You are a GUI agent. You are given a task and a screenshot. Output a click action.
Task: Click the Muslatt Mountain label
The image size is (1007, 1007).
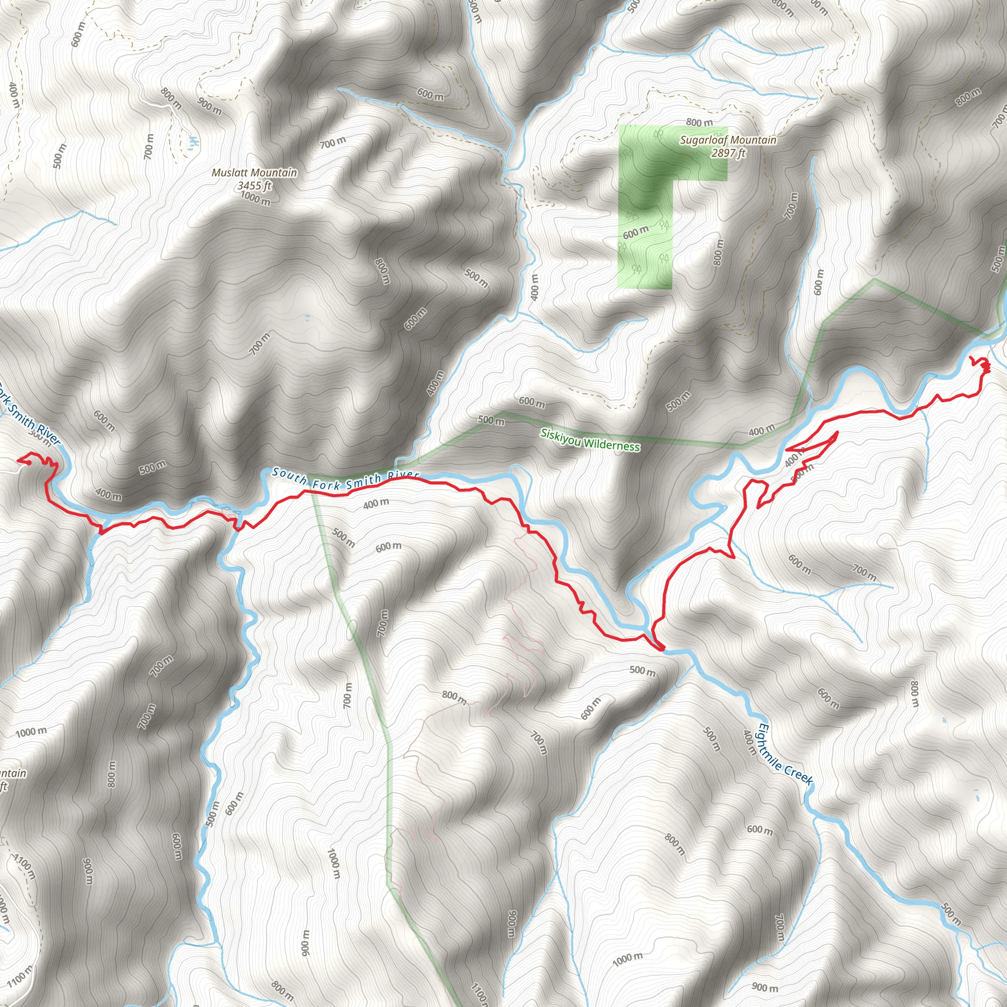tap(254, 173)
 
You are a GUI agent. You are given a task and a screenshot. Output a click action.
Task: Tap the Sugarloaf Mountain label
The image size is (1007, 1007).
tap(728, 140)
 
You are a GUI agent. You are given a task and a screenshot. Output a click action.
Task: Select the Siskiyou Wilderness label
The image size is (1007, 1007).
tap(590, 440)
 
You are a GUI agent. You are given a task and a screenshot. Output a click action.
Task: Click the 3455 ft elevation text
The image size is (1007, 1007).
tap(254, 185)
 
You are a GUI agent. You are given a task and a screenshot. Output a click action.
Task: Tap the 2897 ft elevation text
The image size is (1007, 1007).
tap(728, 153)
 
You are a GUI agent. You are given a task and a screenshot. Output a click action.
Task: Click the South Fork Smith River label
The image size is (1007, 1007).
tap(346, 479)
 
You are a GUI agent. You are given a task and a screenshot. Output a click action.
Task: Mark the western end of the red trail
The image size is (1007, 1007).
tap(19, 460)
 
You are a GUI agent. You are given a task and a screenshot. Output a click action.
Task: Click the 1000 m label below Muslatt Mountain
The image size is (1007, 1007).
tap(255, 199)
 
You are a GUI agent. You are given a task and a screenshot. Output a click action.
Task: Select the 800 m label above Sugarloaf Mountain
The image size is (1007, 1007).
tap(699, 123)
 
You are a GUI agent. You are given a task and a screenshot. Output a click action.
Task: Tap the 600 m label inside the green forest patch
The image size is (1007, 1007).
tap(635, 233)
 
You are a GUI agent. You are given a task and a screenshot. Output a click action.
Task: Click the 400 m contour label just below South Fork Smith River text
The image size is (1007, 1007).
tap(376, 503)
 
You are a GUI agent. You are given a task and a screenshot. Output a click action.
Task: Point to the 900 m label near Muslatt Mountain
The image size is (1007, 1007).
tap(209, 106)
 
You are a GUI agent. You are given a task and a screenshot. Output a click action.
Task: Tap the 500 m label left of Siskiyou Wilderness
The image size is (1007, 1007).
tap(491, 420)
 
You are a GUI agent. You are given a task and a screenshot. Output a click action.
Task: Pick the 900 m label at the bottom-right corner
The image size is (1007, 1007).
tap(765, 987)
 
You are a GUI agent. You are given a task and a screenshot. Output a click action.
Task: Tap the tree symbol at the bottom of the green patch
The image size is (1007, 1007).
tap(636, 269)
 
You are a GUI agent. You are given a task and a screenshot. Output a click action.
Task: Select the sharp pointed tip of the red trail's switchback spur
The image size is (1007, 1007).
tap(837, 432)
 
